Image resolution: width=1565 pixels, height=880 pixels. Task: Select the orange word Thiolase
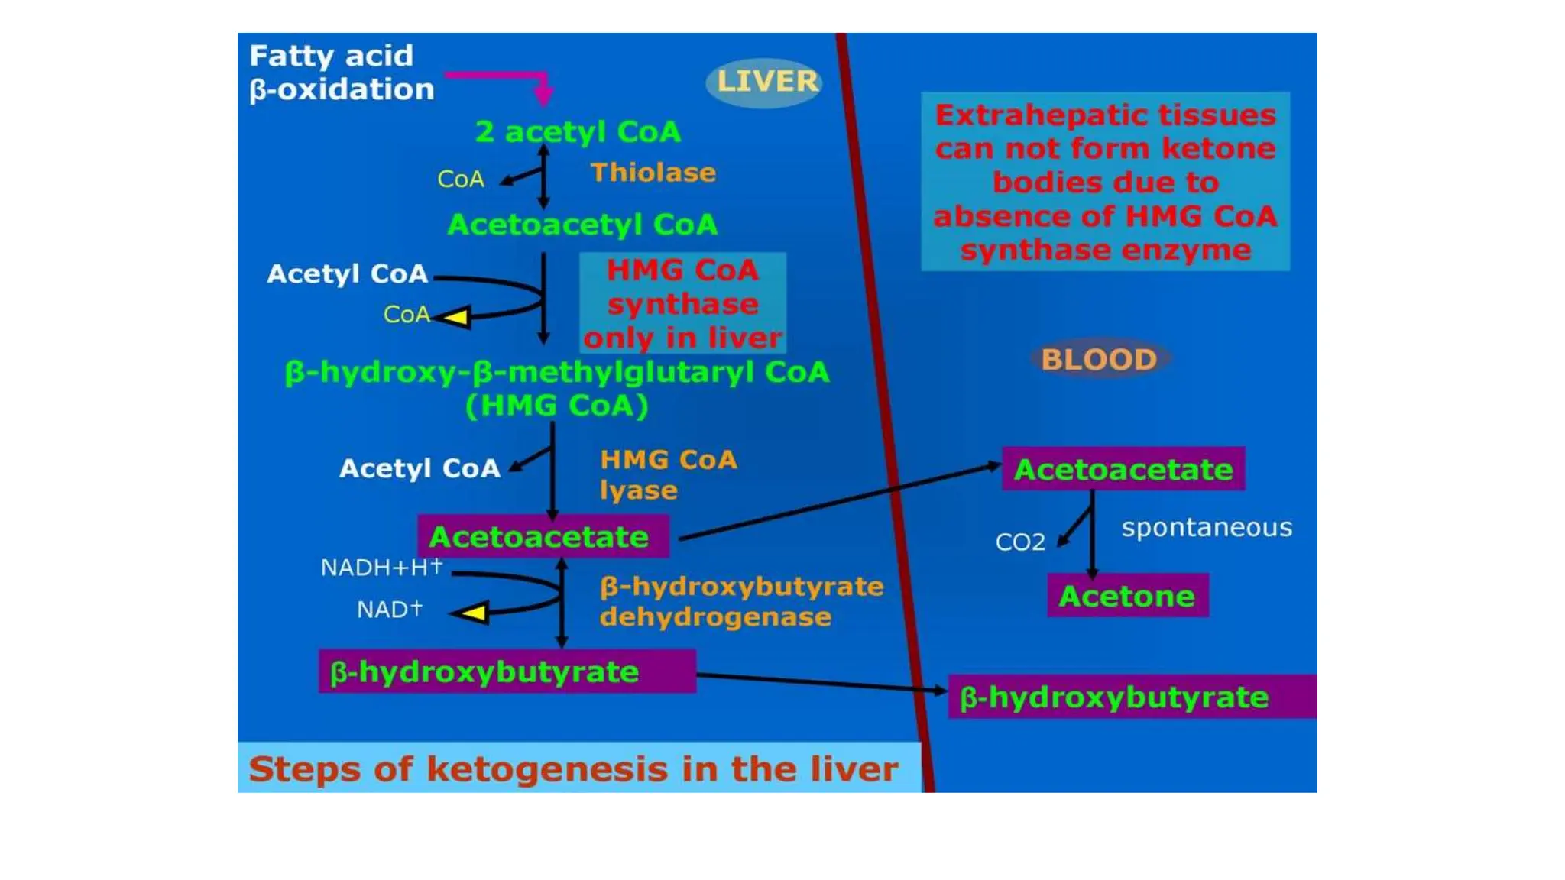coord(653,173)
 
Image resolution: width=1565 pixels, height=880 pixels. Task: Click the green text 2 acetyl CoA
coord(578,132)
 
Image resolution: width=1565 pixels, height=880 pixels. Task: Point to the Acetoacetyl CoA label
coord(582,225)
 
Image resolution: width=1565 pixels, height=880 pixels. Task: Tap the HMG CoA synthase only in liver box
coord(682,303)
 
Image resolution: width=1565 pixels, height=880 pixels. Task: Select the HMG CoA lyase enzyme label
coord(668,474)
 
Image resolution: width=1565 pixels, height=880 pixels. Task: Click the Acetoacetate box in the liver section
coord(543,537)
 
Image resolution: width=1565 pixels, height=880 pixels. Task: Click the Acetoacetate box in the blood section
coord(1123,469)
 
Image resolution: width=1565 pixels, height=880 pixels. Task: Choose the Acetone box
coord(1127,596)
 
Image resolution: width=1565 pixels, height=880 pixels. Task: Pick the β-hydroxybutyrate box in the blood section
coord(1131,697)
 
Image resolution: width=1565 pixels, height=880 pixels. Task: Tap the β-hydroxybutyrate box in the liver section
coord(507,672)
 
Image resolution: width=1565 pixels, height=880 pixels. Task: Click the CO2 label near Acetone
coord(1019,542)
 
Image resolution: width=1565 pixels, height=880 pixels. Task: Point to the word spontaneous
coord(1207,527)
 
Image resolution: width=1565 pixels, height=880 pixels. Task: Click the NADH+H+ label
coord(381,568)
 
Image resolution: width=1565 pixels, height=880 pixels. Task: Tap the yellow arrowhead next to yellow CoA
coord(456,316)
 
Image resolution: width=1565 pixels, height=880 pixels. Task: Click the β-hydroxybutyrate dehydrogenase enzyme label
coord(740,601)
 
